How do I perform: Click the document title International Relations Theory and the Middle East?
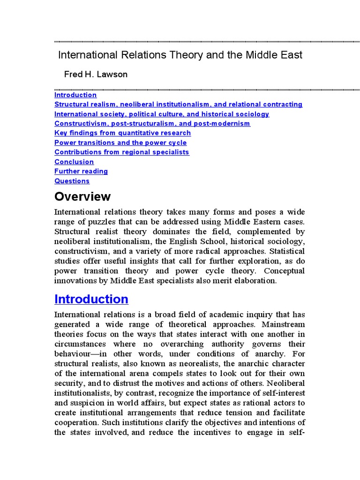[180, 55]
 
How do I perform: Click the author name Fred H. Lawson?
[96, 75]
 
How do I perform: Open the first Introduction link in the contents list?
[75, 95]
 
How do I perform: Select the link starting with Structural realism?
[178, 104]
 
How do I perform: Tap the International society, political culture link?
[162, 114]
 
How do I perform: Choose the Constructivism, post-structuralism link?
[152, 123]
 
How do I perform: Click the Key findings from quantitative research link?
[122, 133]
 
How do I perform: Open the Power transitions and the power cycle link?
[120, 142]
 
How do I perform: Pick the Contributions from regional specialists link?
[122, 152]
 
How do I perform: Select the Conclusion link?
[74, 162]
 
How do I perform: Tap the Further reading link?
[81, 171]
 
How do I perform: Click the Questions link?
[72, 181]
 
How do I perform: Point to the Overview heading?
[82, 196]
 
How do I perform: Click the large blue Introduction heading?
[91, 299]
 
